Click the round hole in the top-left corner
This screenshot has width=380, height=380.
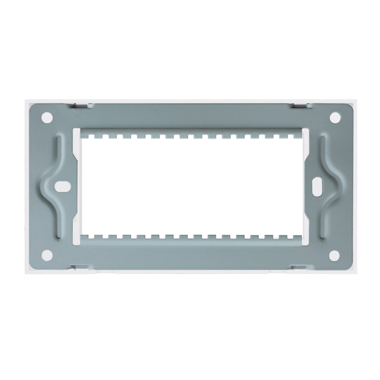click(x=47, y=117)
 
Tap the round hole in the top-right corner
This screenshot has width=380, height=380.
click(x=333, y=118)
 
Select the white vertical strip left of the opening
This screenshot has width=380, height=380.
click(x=76, y=186)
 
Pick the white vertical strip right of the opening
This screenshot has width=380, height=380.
click(x=305, y=186)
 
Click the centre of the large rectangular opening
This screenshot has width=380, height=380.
click(x=190, y=186)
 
